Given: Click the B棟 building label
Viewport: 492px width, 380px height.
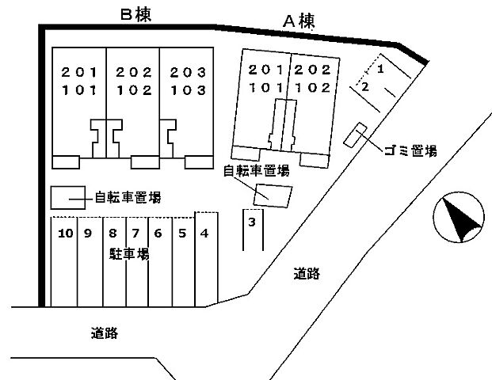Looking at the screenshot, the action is click(x=135, y=15).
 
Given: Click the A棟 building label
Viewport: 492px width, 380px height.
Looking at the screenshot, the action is click(x=299, y=21).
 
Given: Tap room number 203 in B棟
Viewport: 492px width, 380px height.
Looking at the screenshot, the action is click(x=188, y=73).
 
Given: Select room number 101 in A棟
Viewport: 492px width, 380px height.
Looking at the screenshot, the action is click(x=266, y=87).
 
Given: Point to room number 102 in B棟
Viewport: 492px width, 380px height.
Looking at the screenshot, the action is click(x=135, y=90).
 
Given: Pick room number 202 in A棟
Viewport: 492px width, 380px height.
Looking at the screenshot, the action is click(x=312, y=70).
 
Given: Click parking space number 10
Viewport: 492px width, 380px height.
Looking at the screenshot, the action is click(x=66, y=234).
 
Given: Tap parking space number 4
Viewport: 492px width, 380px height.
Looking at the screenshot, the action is click(x=204, y=234).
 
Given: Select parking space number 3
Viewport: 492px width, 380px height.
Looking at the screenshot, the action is click(x=252, y=222).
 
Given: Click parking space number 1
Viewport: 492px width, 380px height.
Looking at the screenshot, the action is click(x=380, y=69).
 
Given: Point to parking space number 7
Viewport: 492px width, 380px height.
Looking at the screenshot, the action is click(x=135, y=234).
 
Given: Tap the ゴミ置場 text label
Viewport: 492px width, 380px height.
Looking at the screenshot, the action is click(x=410, y=150).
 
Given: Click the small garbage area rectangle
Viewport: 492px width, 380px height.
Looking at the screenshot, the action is click(x=355, y=135).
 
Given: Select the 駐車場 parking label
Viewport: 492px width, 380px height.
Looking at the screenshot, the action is click(x=129, y=253).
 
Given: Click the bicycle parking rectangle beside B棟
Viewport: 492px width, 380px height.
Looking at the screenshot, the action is click(x=68, y=198).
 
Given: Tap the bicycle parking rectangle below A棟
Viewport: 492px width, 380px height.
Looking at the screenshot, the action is click(x=273, y=196).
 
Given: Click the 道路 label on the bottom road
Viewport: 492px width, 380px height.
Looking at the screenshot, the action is click(x=105, y=333).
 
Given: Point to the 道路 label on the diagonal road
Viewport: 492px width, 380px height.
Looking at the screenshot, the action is click(x=307, y=274).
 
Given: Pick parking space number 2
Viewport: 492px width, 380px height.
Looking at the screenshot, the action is click(x=365, y=87).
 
